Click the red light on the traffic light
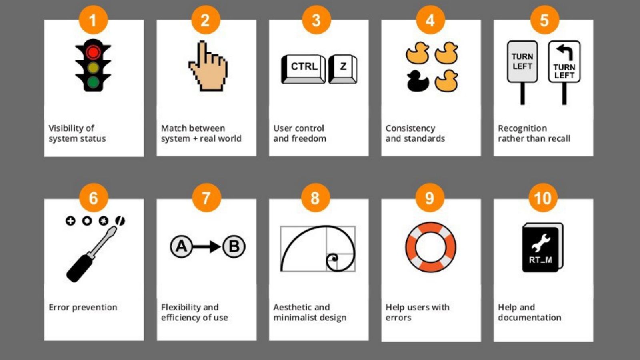point(93,52)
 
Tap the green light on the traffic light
point(93,82)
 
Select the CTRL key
point(304,69)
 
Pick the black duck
point(418,81)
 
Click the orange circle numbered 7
point(206,198)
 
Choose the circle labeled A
point(181,246)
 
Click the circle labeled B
point(234,246)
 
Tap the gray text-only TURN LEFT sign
point(522,62)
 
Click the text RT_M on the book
point(540,260)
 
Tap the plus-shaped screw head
point(70,221)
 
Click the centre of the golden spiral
point(334,259)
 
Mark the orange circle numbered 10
point(543,198)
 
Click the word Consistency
point(410,128)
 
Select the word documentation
point(530,318)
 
